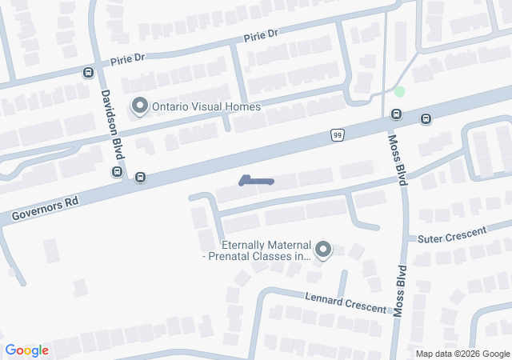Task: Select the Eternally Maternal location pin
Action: point(323,250)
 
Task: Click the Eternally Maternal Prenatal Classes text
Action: point(256,250)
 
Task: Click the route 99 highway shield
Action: point(338,135)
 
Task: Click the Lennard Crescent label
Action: point(346,302)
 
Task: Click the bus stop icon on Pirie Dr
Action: point(87,72)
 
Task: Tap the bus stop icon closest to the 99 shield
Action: point(395,114)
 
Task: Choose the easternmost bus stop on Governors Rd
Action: point(426,120)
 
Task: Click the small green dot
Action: point(399,92)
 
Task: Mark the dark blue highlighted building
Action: point(256,181)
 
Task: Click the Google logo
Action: point(26,350)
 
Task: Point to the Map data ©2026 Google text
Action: point(462,354)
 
